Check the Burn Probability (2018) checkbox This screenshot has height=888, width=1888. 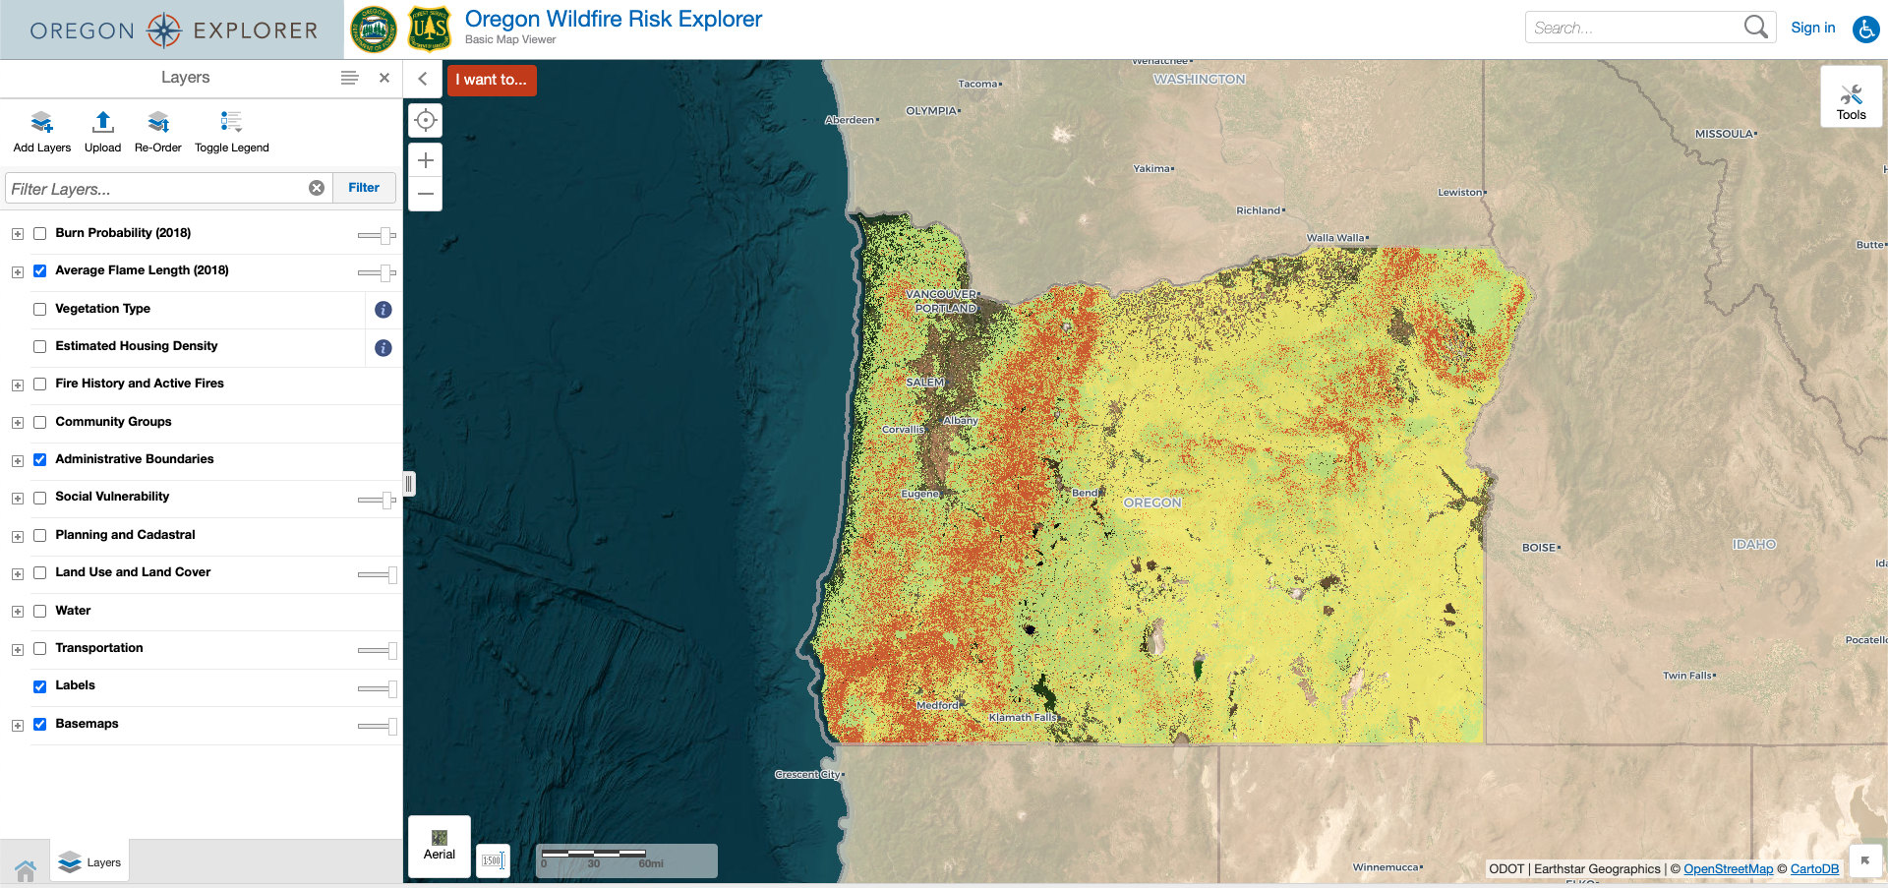(x=40, y=234)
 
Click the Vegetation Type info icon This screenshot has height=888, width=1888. (x=383, y=310)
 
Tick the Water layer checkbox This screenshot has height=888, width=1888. (x=40, y=612)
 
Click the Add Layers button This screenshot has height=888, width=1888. (x=41, y=132)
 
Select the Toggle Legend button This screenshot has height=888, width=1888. (x=231, y=132)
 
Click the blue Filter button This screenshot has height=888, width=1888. (x=364, y=188)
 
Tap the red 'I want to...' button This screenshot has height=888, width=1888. (x=492, y=80)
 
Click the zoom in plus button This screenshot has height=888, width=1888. (x=426, y=160)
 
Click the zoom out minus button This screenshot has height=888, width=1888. (x=426, y=194)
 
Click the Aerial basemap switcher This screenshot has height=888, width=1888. (x=440, y=845)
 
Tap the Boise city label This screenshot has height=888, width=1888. (x=1540, y=548)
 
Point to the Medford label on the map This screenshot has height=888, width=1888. (x=937, y=705)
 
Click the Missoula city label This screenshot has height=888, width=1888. (x=1724, y=134)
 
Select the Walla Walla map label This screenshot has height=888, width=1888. (x=1335, y=238)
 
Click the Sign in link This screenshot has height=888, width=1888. (x=1812, y=28)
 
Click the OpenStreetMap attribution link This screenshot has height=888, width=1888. (x=1728, y=869)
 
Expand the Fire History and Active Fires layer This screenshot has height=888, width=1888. (x=18, y=385)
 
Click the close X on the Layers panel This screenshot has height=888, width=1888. (x=384, y=78)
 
